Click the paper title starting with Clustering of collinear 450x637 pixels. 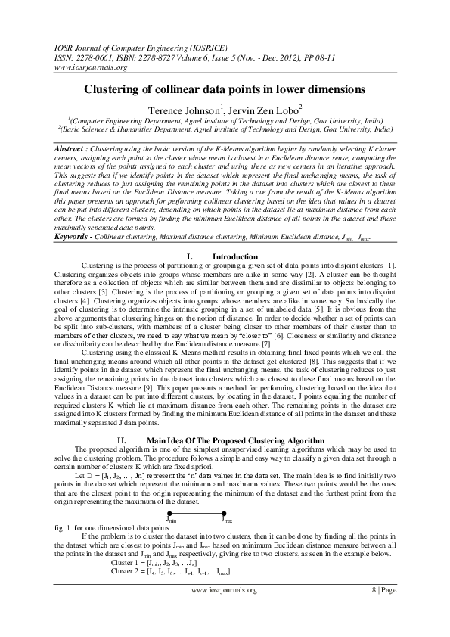(x=225, y=89)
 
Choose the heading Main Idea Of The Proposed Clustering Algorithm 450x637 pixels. (x=235, y=440)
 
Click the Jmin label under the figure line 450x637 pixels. (x=172, y=520)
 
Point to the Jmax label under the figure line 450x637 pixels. (x=226, y=520)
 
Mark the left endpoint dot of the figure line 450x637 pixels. (x=169, y=513)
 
